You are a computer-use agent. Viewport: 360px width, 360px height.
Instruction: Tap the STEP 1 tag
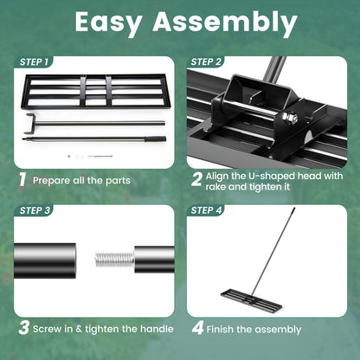click(x=34, y=62)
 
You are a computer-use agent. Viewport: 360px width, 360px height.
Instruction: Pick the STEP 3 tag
click(x=34, y=210)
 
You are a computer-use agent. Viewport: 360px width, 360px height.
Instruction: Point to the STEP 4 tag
click(x=205, y=210)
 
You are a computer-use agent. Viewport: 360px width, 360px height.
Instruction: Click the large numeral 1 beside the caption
click(x=22, y=180)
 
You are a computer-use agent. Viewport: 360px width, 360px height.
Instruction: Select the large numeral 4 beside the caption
click(x=197, y=328)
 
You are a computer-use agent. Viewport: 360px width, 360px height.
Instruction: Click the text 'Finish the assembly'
click(x=258, y=329)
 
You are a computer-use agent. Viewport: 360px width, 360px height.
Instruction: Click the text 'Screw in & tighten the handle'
click(x=103, y=329)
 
